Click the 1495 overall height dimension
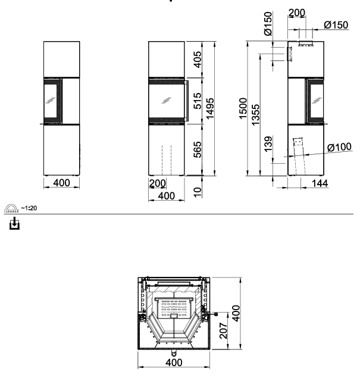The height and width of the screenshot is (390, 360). pos(210,108)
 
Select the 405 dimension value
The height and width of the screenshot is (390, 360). pos(198,60)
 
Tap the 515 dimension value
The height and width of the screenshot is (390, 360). pos(198,101)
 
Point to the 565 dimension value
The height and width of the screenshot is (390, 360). pos(198,149)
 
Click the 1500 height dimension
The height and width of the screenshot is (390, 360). pos(243,108)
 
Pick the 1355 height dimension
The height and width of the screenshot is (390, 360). pos(255,115)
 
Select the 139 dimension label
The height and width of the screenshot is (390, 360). pos(268,144)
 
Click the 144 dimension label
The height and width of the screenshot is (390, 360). pos(320,183)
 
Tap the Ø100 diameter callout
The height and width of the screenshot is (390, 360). pos(339,147)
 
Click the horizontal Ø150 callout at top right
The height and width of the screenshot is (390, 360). pos(336,25)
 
